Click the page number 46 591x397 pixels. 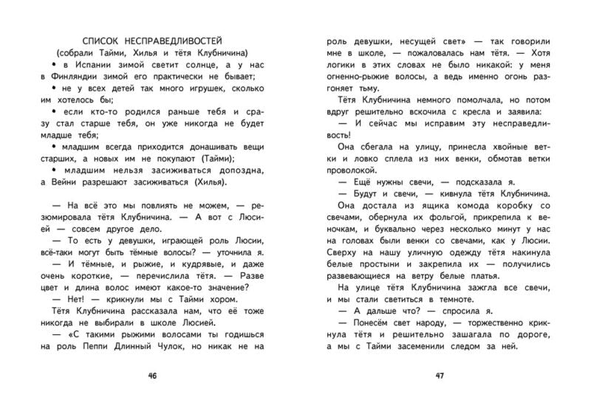(x=152, y=376)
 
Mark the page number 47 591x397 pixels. (x=439, y=376)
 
